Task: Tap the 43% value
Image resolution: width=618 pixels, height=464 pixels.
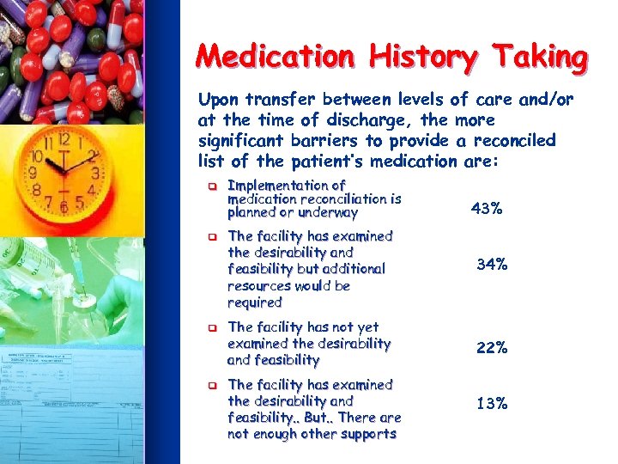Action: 486,208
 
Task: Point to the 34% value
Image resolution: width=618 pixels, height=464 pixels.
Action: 491,266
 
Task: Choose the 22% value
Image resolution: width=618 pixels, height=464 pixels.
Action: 491,347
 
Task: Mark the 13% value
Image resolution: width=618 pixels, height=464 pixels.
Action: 491,403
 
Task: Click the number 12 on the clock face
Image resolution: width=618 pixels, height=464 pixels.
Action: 64,138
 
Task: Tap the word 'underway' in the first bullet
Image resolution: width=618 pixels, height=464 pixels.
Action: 329,212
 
